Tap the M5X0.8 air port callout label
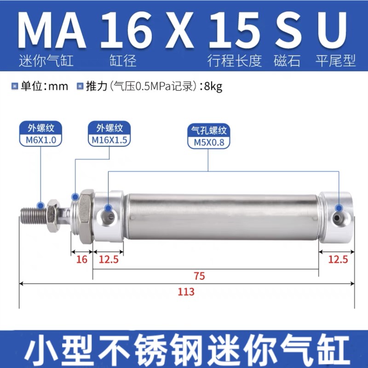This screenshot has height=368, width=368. (208, 142)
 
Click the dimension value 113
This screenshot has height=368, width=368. (186, 292)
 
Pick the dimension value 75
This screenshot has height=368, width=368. (199, 276)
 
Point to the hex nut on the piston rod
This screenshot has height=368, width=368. (52, 214)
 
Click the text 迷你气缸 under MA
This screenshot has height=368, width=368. (46, 60)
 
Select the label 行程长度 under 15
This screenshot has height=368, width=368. (235, 60)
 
